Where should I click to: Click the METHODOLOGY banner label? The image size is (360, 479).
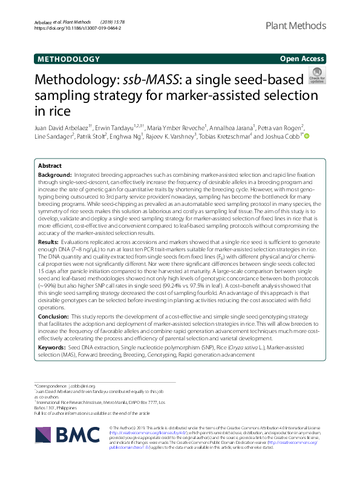coord(68,59)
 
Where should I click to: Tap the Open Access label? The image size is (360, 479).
coord(301,59)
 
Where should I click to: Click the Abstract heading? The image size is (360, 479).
coord(50,165)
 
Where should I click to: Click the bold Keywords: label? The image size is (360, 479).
coord(51,348)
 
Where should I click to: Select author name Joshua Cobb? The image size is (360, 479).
coord(283,136)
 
